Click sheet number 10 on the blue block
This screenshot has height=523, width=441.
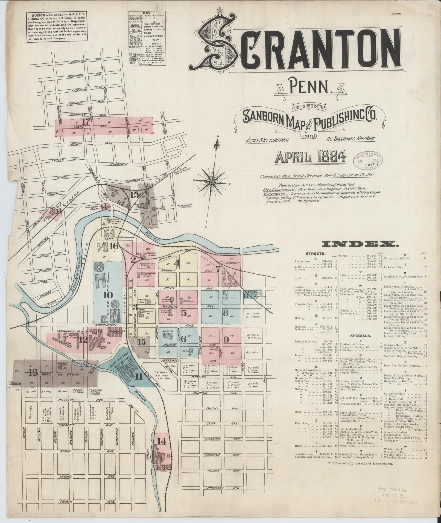pos(108,295)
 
